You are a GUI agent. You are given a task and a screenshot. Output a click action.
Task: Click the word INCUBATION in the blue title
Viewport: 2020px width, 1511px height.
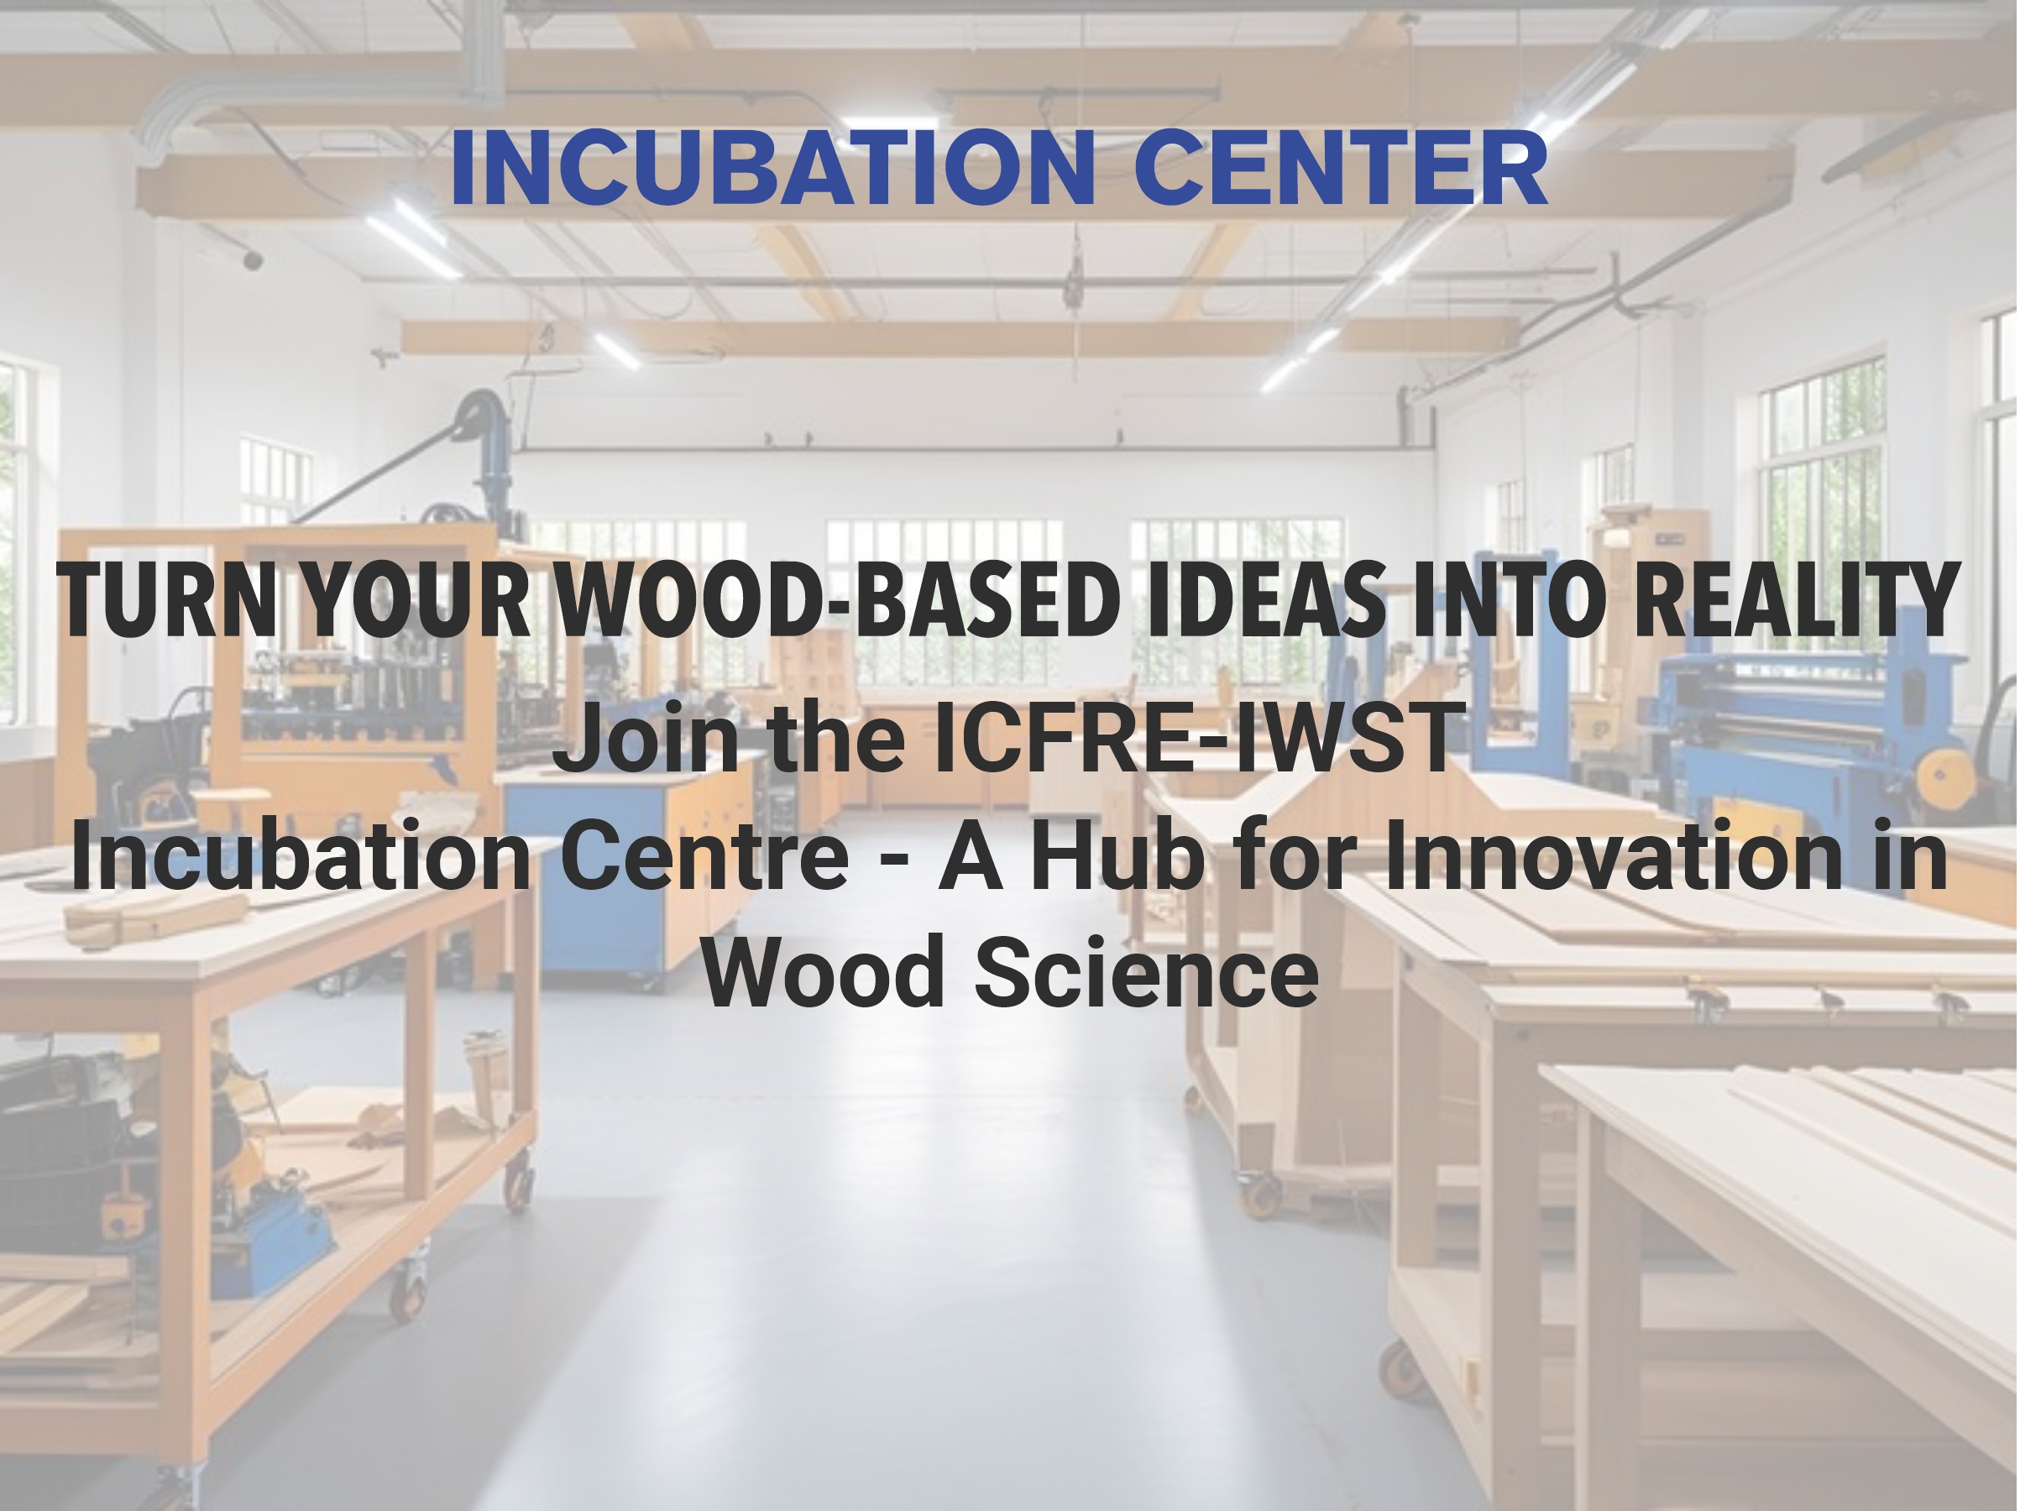point(772,169)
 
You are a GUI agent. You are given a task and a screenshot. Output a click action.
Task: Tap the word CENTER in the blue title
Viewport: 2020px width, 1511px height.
point(1341,169)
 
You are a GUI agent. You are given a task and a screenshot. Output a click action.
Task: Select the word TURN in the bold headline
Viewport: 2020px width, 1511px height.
point(167,600)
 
